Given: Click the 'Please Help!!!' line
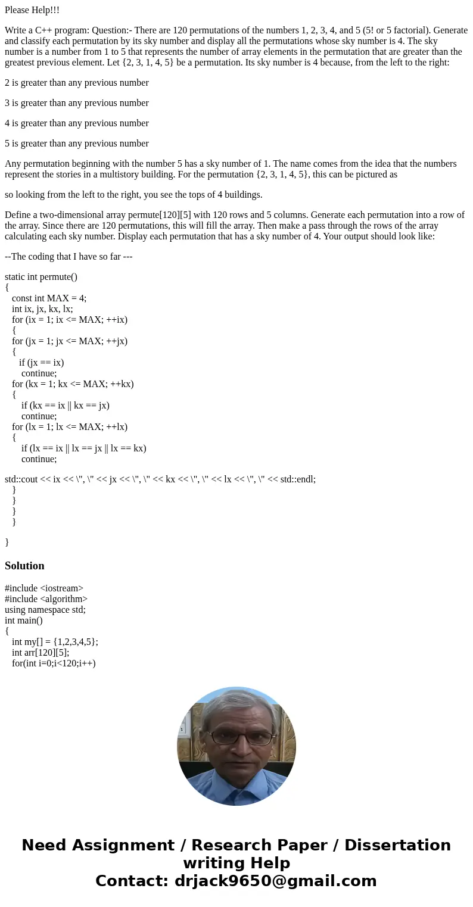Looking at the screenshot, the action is (x=32, y=10).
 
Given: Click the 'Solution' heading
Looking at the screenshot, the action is (x=24, y=566).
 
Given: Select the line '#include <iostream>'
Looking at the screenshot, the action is (x=44, y=588).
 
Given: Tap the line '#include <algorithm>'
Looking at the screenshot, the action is (x=46, y=599).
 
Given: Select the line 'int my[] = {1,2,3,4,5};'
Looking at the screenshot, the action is (x=55, y=642).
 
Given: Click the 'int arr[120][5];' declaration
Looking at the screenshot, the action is (x=41, y=653).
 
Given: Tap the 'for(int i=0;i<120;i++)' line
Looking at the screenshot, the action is (x=54, y=663).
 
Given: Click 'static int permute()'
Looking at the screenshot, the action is (x=41, y=277).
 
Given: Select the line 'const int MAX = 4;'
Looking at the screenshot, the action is (x=49, y=298).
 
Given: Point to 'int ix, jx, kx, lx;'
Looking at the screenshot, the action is (x=42, y=309).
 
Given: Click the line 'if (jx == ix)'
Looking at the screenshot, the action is (x=41, y=363).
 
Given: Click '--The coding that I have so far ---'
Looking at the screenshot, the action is (x=69, y=257).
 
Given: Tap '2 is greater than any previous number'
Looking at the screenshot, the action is (x=77, y=83).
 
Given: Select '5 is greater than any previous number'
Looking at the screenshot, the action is (x=77, y=144).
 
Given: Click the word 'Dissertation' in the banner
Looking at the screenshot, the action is (x=397, y=846).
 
